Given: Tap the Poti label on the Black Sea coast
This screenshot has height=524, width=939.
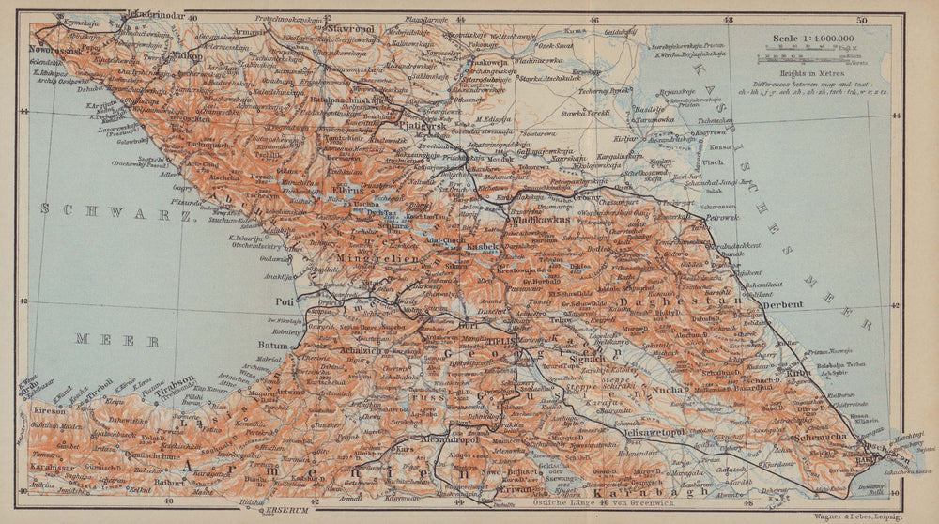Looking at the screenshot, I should (284, 301).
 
